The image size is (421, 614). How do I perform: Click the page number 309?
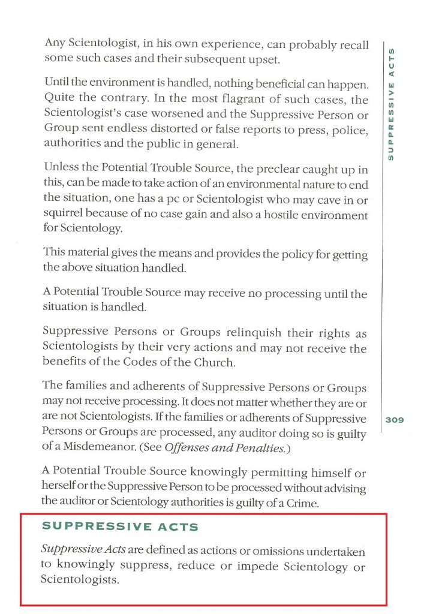pyautogui.click(x=395, y=420)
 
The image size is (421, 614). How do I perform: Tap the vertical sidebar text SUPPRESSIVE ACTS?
pyautogui.click(x=391, y=103)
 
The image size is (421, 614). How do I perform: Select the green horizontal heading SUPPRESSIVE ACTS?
pyautogui.click(x=120, y=526)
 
